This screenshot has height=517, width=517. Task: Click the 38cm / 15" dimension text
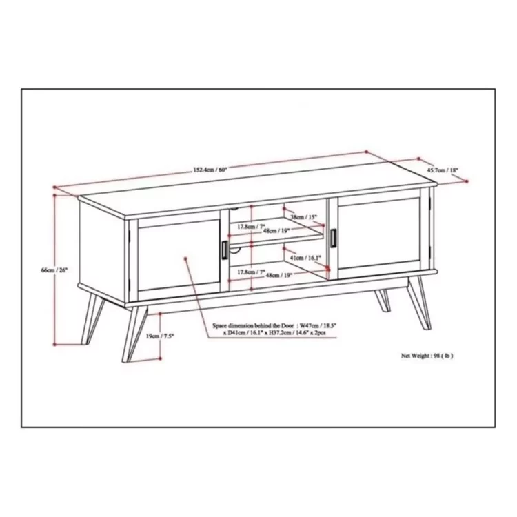coord(303,216)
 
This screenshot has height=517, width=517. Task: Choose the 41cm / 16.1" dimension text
coord(305,257)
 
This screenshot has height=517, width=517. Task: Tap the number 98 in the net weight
coord(439,356)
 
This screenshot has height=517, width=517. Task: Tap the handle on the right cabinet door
coord(334,236)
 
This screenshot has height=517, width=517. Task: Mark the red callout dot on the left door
coord(187,258)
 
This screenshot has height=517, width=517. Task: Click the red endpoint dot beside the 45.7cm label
coord(468,181)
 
